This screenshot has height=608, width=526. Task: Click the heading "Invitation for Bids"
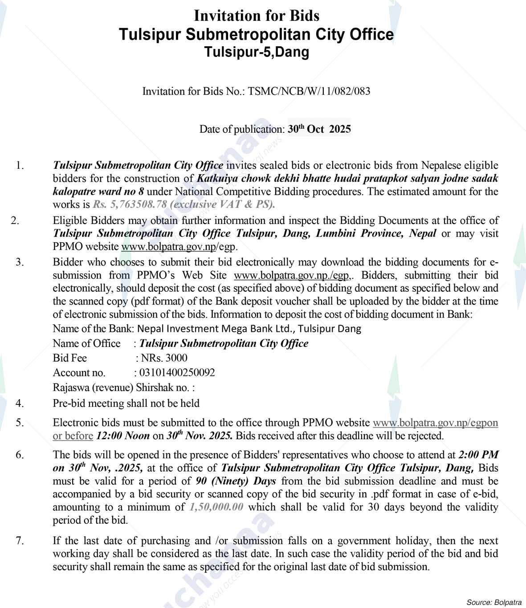[x=257, y=16]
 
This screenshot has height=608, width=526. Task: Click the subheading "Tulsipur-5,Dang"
[x=257, y=53]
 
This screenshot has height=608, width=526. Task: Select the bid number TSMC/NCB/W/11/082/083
[x=309, y=91]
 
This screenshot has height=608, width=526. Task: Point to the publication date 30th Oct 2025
[x=319, y=129]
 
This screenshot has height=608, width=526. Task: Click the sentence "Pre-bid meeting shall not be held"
[x=126, y=404]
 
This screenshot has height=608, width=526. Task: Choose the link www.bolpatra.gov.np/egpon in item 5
[x=435, y=423]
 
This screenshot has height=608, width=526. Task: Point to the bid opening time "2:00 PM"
[x=478, y=455]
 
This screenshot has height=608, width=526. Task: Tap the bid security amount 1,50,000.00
[x=216, y=507]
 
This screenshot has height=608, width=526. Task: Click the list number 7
[x=20, y=541]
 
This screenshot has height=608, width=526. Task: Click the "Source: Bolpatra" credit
[x=493, y=603]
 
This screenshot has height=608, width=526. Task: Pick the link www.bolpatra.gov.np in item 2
[x=169, y=246]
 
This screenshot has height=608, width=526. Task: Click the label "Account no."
[x=79, y=373]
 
